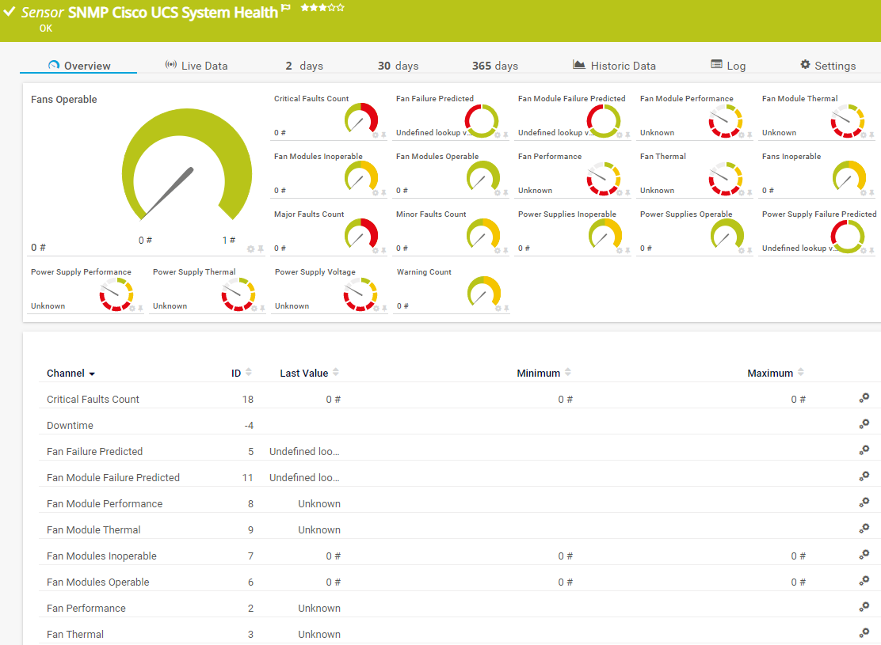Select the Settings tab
828,66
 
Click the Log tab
728,66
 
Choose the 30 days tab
398,66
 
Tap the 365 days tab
494,66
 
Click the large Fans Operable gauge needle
170,190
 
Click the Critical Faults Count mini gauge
361,119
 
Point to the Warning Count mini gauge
483,292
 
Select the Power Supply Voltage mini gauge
361,292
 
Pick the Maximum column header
769,373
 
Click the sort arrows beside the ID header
249,373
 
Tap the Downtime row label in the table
70,425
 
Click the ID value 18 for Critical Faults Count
248,399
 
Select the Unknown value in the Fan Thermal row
319,634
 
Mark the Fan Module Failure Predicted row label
113,477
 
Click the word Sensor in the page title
43,12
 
